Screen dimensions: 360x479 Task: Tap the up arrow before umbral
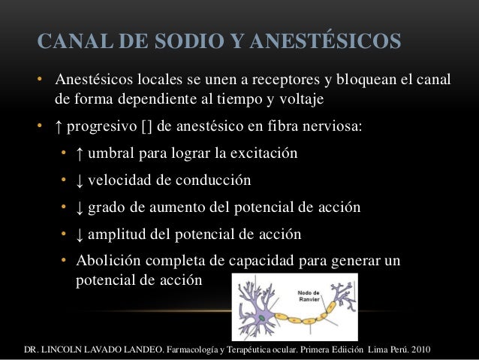point(80,154)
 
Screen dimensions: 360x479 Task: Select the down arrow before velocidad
point(80,180)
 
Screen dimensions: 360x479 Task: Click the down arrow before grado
point(80,207)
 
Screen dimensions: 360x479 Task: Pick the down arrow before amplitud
point(80,234)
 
